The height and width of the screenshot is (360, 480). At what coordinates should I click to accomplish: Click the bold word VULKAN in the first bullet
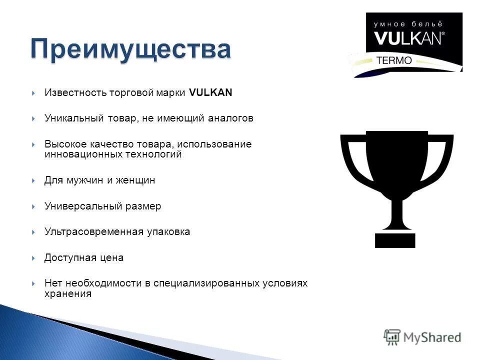(x=211, y=93)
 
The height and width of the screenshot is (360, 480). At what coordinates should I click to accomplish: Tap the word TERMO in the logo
(x=393, y=60)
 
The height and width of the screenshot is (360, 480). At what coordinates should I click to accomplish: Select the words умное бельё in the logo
(x=409, y=24)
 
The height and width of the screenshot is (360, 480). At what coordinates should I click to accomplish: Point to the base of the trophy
(x=395, y=239)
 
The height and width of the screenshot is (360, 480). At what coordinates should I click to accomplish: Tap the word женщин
(x=135, y=180)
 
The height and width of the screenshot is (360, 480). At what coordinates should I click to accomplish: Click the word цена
(x=112, y=258)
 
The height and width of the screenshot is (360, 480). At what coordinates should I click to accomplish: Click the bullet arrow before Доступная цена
(x=33, y=258)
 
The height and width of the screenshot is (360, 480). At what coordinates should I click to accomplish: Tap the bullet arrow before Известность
(x=33, y=93)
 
